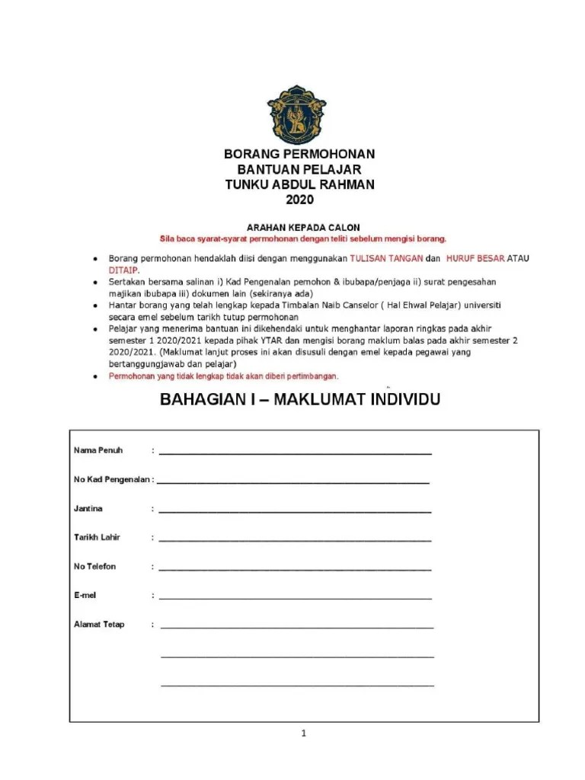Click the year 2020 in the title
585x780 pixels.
tap(299, 200)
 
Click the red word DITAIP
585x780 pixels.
tap(123, 270)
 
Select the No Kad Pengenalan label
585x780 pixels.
tap(113, 480)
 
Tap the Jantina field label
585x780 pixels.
tap(88, 508)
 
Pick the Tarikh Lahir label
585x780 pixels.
tap(97, 537)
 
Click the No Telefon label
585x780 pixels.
tap(95, 567)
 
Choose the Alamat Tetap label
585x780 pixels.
tap(99, 625)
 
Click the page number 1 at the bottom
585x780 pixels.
tap(303, 734)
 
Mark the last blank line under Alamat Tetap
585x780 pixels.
tap(297, 685)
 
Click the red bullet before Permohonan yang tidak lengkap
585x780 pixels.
tap(94, 377)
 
